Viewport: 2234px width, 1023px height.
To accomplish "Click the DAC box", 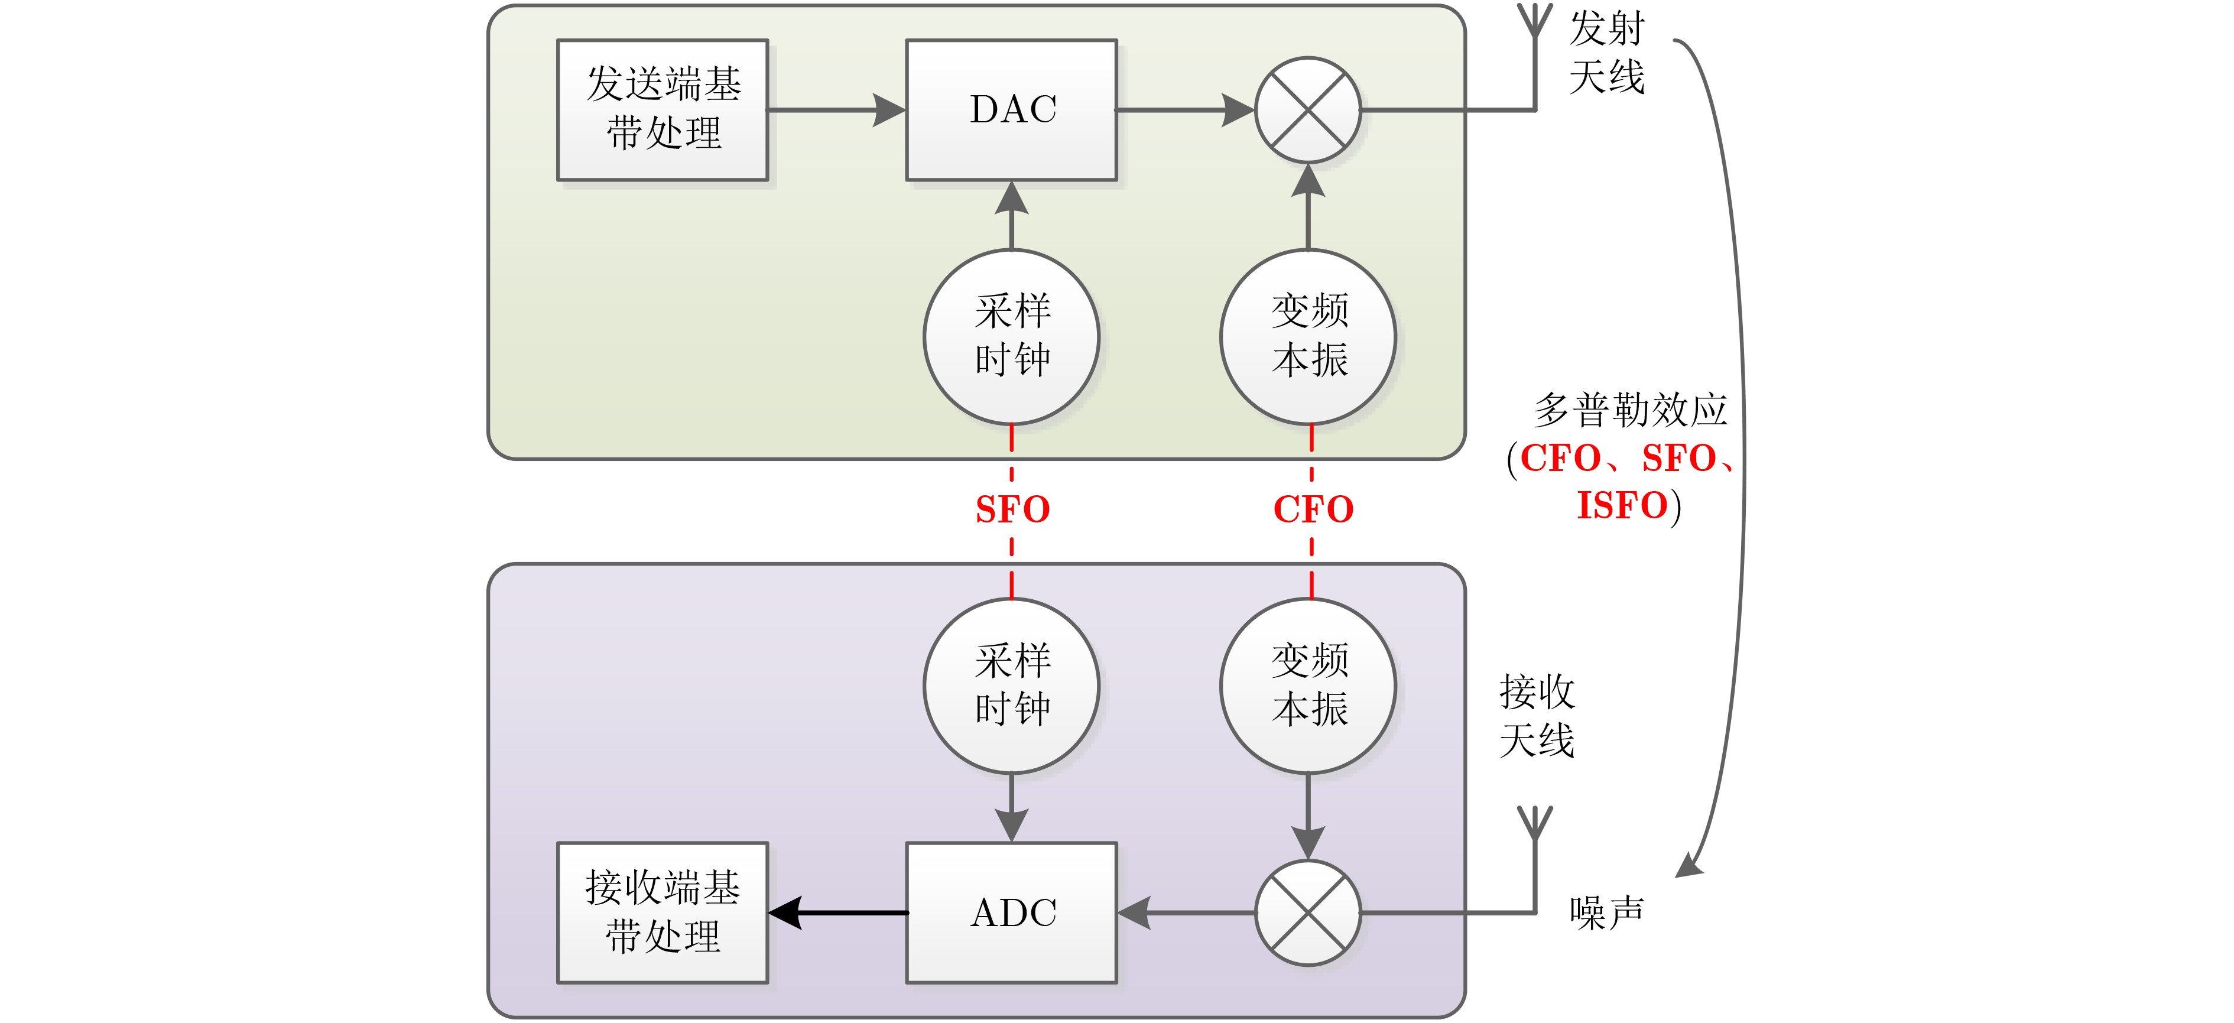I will point(1011,110).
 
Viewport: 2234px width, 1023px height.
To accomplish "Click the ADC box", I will point(1011,912).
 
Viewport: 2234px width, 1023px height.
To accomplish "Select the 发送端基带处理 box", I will point(663,110).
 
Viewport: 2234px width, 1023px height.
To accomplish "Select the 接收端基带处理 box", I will point(663,912).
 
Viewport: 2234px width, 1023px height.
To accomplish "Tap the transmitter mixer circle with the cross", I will point(1308,110).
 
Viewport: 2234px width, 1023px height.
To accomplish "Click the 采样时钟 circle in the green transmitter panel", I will point(1011,336).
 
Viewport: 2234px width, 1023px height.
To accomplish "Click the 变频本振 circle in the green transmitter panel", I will point(1308,336).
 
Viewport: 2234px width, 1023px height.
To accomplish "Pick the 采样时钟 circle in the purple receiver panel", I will point(1011,686).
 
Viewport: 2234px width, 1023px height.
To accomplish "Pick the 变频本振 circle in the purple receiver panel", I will point(1308,686).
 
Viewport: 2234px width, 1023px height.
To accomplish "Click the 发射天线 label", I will point(1606,53).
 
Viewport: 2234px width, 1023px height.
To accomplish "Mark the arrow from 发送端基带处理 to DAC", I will point(837,110).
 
